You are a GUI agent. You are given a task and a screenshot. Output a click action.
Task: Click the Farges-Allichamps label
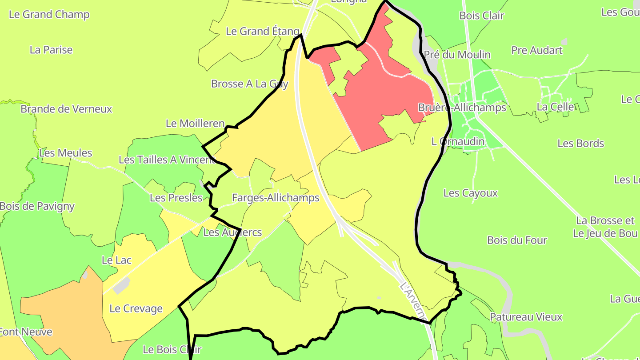pyautogui.click(x=276, y=198)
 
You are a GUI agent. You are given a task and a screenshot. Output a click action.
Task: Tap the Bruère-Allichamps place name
pyautogui.click(x=462, y=108)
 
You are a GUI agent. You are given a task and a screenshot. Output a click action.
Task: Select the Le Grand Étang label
pyautogui.click(x=263, y=31)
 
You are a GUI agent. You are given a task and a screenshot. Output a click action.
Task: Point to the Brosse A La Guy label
pyautogui.click(x=250, y=84)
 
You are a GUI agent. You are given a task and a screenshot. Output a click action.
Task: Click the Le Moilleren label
pyautogui.click(x=195, y=124)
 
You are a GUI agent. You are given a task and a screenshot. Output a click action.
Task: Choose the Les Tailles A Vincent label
pyautogui.click(x=167, y=160)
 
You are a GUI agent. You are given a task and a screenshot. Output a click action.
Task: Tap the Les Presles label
pyautogui.click(x=176, y=198)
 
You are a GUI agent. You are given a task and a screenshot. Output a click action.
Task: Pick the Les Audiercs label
pyautogui.click(x=232, y=232)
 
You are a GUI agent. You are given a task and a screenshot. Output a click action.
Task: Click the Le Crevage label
pyautogui.click(x=136, y=308)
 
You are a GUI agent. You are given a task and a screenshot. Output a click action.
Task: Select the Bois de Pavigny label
pyautogui.click(x=37, y=206)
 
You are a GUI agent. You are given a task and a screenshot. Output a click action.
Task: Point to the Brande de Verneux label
pyautogui.click(x=66, y=109)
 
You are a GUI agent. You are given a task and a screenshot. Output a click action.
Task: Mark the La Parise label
pyautogui.click(x=51, y=50)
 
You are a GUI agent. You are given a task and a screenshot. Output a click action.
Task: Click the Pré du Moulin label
pyautogui.click(x=457, y=55)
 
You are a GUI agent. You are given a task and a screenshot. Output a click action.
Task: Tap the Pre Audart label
pyautogui.click(x=537, y=50)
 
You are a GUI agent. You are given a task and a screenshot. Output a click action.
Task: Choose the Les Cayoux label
pyautogui.click(x=471, y=193)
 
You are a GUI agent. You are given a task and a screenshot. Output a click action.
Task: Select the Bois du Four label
pyautogui.click(x=517, y=240)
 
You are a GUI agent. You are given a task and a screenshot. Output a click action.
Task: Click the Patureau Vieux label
pyautogui.click(x=526, y=317)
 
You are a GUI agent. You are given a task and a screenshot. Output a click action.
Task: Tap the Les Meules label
pyautogui.click(x=66, y=153)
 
